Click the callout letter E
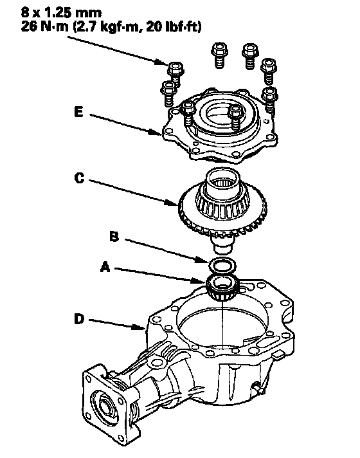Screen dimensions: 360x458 pos(78,111)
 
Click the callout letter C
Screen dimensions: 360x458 pos(79,178)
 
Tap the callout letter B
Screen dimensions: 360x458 pos(114,236)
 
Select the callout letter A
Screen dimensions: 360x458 pos(105,267)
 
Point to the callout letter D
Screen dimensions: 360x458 pos(79,318)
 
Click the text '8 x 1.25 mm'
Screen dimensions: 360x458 pos(61,13)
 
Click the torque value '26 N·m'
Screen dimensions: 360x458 pos(44,27)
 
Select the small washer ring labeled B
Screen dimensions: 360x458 pos(222,265)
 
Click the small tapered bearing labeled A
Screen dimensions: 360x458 pos(222,288)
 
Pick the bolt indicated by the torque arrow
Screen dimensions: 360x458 pos(175,74)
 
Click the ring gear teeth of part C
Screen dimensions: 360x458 pos(222,221)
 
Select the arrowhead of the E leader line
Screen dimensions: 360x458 pos(157,133)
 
